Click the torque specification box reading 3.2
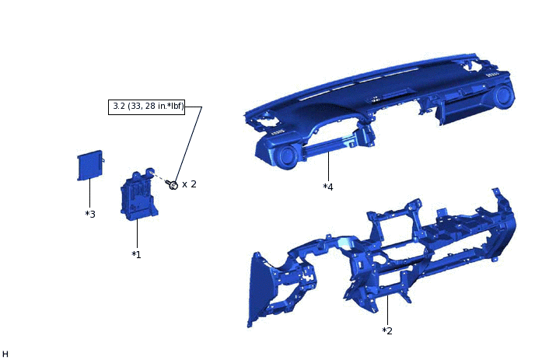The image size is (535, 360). [x=146, y=107]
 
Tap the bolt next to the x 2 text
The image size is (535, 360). [x=173, y=184]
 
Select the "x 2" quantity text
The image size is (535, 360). [x=189, y=184]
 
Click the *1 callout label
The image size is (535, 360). [x=136, y=254]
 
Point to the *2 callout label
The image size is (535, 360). [x=387, y=330]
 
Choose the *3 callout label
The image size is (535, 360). [x=90, y=214]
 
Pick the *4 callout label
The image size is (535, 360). [x=328, y=187]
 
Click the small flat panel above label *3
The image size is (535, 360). [x=90, y=165]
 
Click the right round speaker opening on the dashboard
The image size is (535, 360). [x=502, y=96]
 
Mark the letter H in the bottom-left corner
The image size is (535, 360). [x=5, y=354]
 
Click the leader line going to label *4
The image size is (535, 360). [x=328, y=166]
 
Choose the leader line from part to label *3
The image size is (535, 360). [x=90, y=194]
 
